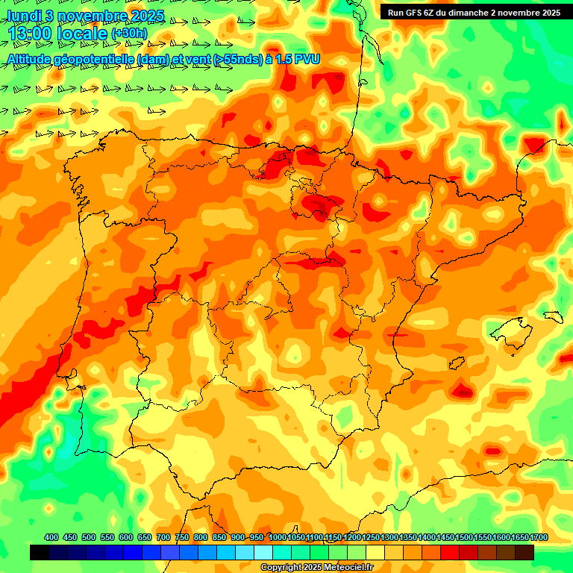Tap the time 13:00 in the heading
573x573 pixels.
click(31, 34)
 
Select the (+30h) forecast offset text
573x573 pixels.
click(129, 34)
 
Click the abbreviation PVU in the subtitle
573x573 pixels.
click(307, 58)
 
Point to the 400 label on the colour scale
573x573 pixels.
click(51, 537)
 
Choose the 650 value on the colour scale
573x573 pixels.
click(144, 537)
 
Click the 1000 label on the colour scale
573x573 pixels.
click(278, 537)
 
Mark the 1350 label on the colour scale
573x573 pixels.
click(408, 537)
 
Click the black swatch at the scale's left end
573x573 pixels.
click(40, 552)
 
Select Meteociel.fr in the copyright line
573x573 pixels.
click(347, 568)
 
